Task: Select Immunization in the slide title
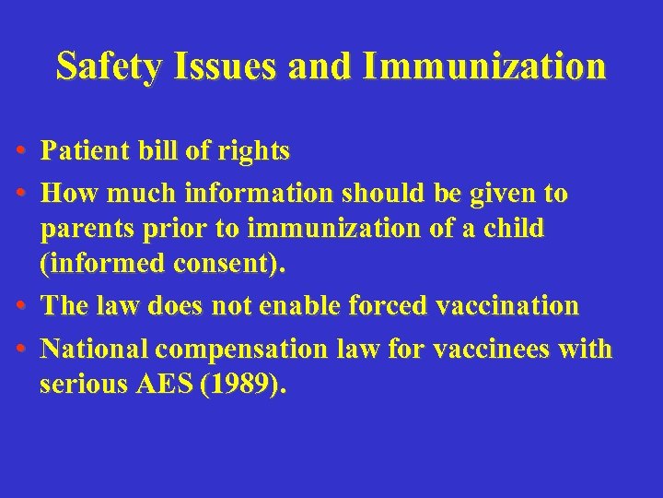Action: click(484, 66)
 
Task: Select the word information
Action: click(261, 195)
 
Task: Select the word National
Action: click(95, 350)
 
